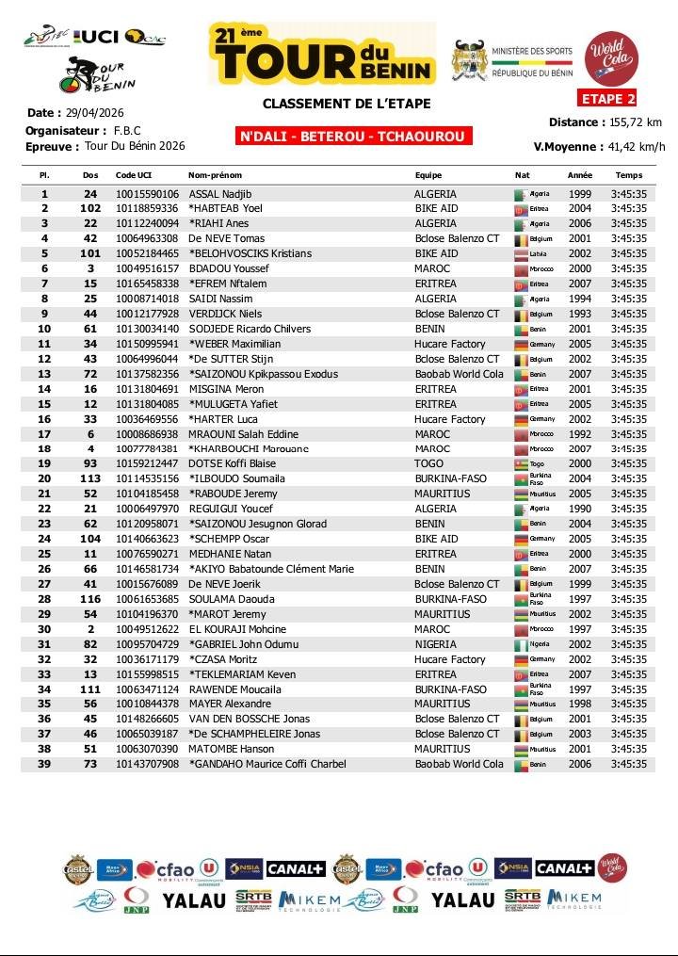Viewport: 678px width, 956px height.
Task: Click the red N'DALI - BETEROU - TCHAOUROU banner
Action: coord(354,137)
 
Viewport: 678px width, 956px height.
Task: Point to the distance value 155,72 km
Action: coord(636,122)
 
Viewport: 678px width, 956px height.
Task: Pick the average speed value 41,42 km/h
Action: coord(636,146)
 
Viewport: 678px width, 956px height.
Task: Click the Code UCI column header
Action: coord(133,175)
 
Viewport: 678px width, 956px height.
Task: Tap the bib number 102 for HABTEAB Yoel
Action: coord(90,209)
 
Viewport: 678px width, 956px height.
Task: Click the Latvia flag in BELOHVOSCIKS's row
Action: coord(520,254)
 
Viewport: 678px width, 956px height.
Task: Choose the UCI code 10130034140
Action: coord(146,329)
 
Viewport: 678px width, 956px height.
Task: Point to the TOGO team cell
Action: coord(429,464)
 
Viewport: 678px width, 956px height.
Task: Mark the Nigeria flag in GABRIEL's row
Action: coord(520,644)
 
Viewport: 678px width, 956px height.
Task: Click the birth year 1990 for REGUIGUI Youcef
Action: coord(579,509)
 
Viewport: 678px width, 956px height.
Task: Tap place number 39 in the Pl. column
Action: coord(44,764)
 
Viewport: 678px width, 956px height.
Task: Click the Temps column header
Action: coord(628,175)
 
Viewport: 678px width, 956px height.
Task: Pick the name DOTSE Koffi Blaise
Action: coord(232,464)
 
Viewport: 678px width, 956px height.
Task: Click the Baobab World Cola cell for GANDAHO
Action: coord(459,764)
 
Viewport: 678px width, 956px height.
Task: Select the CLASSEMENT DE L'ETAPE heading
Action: coord(346,104)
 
